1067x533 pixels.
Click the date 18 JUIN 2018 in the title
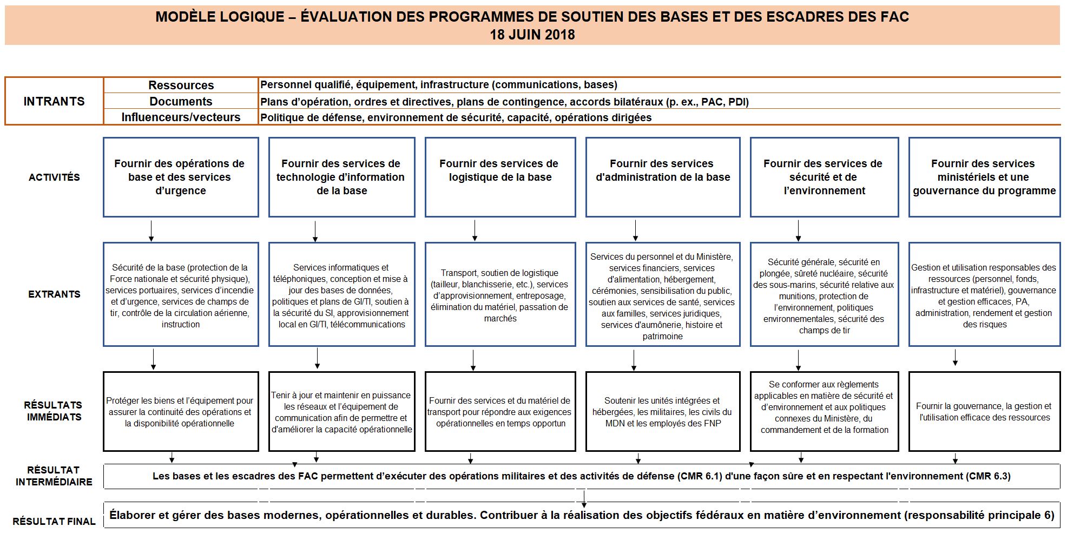coord(532,35)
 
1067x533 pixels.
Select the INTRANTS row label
coord(54,101)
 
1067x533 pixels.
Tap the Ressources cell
coord(181,85)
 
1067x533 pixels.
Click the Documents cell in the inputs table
coord(181,101)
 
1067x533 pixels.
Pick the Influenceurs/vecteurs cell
coord(181,117)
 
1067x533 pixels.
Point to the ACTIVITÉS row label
coord(54,177)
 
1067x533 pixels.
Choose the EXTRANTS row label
coord(54,294)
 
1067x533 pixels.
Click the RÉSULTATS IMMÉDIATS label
coord(53,411)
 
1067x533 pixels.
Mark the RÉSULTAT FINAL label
coord(54,522)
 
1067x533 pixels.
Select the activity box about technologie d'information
coord(341,177)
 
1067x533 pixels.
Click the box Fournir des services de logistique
coord(500,177)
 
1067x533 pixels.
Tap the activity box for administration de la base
coord(663,177)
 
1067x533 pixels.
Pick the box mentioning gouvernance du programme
coord(984,177)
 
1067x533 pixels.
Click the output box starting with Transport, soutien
coord(500,295)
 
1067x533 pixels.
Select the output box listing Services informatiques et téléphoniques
coord(341,295)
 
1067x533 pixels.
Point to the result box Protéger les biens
coord(180,412)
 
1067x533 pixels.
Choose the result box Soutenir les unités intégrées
coord(663,412)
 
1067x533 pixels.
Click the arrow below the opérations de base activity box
coord(152,231)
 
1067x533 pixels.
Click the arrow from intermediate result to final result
coord(584,497)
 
